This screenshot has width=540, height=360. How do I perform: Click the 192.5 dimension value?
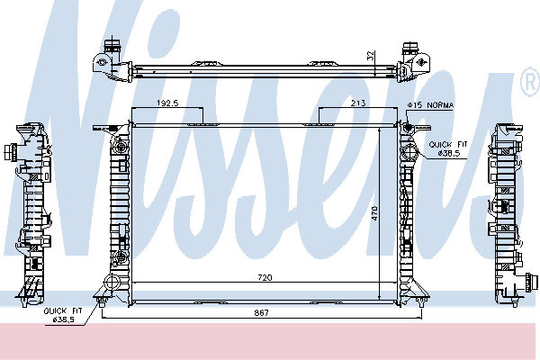167,103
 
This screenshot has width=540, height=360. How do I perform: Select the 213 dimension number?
358,103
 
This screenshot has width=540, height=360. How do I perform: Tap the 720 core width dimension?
265,277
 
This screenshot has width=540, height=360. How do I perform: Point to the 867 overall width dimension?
262,313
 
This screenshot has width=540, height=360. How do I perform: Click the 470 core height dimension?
374,213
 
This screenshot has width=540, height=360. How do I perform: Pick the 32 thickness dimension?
371,56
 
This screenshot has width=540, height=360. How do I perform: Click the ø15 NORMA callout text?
430,105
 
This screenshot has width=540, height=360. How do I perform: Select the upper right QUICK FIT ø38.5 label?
448,148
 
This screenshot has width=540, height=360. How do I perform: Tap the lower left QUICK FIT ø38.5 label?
63,315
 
